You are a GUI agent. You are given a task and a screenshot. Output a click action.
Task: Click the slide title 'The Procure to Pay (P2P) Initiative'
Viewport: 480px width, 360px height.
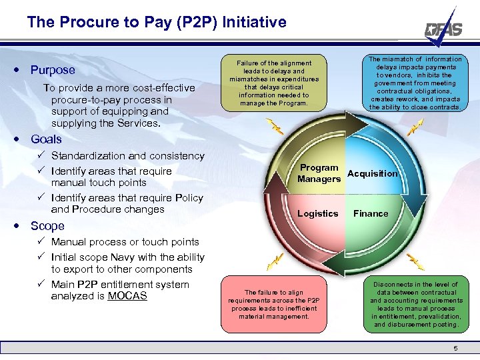point(157,22)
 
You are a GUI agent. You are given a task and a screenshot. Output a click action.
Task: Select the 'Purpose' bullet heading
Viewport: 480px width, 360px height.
point(53,70)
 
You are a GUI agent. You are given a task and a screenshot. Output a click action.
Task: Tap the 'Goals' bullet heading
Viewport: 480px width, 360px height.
point(46,139)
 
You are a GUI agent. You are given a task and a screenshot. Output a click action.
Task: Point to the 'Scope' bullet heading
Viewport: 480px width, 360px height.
point(47,226)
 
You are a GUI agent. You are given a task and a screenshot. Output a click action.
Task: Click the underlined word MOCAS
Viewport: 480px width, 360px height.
point(127,295)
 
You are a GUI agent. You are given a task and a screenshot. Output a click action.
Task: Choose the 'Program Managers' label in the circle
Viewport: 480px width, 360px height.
point(319,173)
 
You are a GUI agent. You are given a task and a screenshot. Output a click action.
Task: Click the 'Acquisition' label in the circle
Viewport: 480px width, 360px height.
point(372,173)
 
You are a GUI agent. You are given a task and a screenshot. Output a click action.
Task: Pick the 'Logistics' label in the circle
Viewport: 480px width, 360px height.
point(317,213)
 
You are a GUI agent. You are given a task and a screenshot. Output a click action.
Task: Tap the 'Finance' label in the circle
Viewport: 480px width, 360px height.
point(371,213)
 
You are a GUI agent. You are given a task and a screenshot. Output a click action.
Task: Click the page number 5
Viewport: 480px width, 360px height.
point(455,349)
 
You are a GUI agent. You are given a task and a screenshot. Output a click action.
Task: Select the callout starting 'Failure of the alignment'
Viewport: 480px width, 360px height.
point(274,83)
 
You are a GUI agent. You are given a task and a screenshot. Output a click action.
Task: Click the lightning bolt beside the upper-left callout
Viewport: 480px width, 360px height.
point(273,125)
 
